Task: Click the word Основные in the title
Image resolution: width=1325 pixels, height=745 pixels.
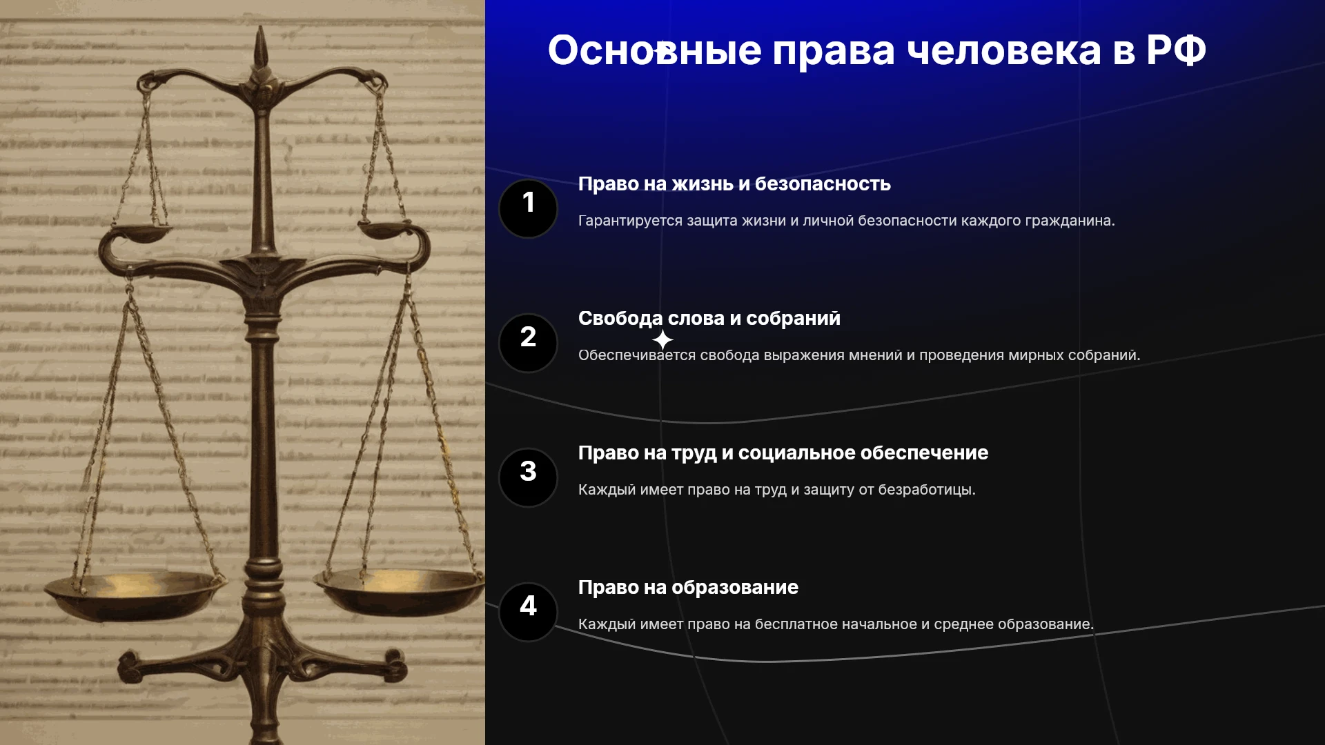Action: click(654, 50)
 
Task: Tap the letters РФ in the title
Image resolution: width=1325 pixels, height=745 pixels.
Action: click(1176, 50)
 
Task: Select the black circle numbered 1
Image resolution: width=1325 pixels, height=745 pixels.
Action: click(528, 208)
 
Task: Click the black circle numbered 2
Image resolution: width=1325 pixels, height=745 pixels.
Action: click(528, 343)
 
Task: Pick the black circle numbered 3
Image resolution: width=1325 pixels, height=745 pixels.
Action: click(528, 477)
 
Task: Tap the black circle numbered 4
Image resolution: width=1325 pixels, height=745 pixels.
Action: click(528, 612)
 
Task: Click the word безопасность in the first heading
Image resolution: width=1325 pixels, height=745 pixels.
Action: click(823, 183)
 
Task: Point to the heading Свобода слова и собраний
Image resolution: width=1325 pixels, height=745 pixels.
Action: click(709, 318)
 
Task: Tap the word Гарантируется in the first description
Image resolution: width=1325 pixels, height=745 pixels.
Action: click(630, 221)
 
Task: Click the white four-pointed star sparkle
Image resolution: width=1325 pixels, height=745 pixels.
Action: click(662, 339)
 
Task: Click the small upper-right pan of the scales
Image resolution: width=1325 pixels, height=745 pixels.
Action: click(385, 229)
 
